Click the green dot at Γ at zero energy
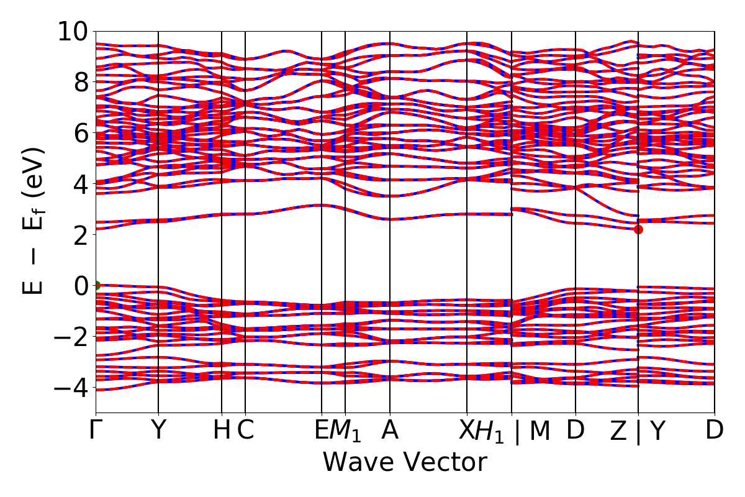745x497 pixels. [x=96, y=286]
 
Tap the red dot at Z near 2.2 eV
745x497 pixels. [x=638, y=230]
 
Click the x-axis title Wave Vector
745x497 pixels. [x=405, y=463]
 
